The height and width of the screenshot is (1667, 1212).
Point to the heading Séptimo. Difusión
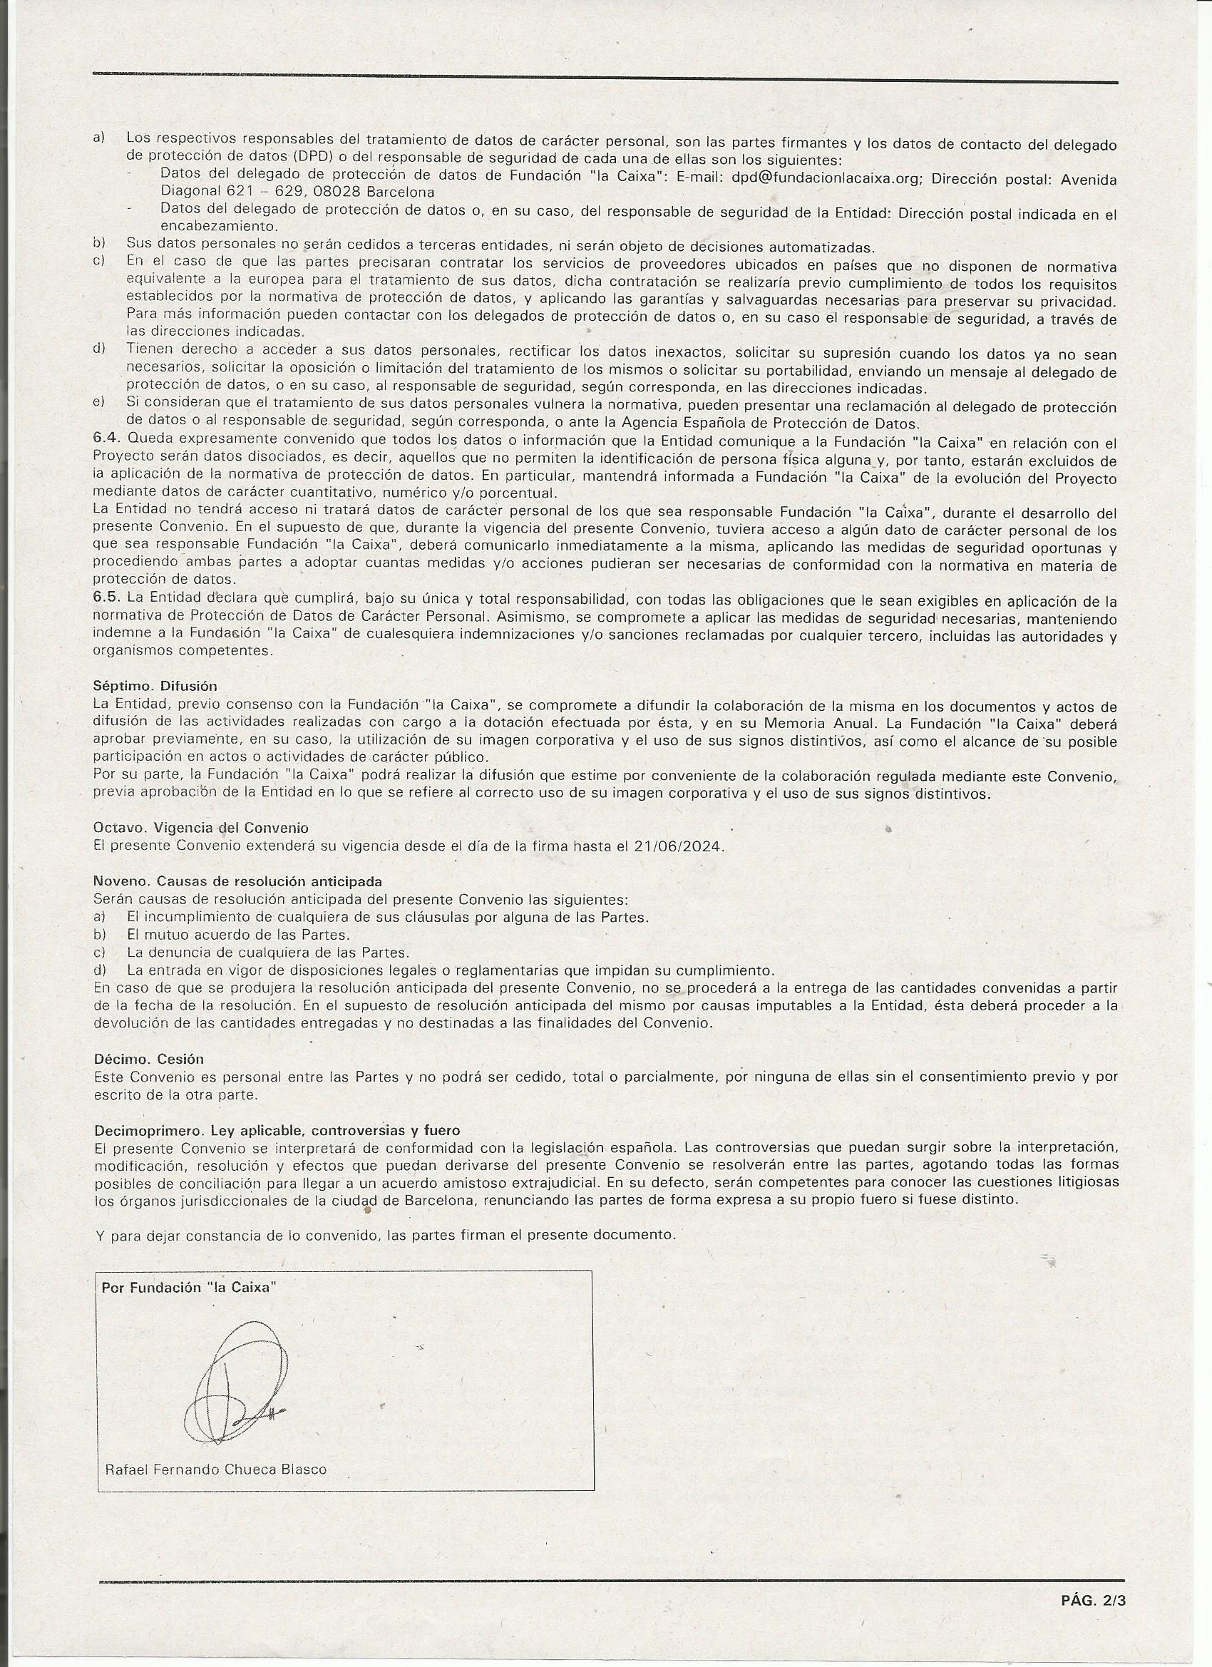click(156, 686)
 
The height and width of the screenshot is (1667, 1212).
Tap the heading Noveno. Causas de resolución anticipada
click(238, 881)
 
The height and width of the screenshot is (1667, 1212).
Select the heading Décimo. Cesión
click(149, 1059)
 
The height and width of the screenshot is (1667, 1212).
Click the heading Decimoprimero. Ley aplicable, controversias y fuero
click(277, 1130)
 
